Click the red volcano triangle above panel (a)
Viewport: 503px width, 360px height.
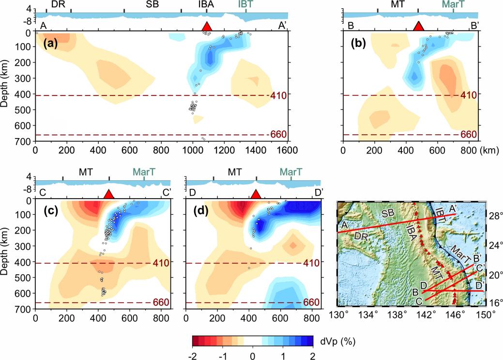click(207, 26)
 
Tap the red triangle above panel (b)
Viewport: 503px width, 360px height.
click(418, 26)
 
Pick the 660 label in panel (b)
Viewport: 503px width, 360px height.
click(469, 134)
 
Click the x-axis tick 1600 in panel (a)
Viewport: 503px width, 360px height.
click(287, 150)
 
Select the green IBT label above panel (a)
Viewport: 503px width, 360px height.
click(245, 4)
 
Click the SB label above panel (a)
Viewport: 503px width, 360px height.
click(152, 4)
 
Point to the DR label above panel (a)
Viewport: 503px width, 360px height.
click(59, 4)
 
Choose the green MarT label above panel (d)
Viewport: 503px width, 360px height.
click(291, 172)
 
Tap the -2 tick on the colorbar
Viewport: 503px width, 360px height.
click(192, 356)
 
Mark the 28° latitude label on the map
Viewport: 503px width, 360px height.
click(494, 216)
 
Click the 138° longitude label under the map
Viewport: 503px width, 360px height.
click(396, 314)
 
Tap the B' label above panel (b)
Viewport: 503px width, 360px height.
click(475, 25)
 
